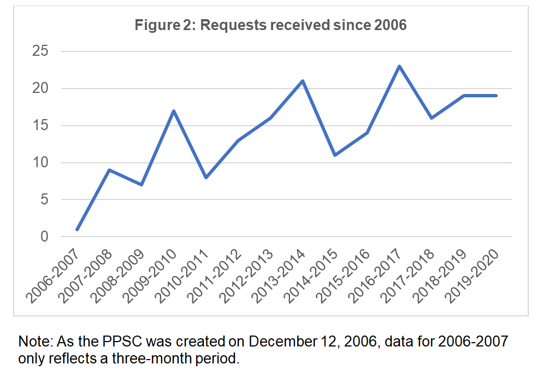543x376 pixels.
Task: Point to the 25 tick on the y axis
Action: click(x=42, y=51)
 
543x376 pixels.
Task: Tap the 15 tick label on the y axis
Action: click(x=42, y=126)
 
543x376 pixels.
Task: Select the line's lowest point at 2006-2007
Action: click(x=77, y=230)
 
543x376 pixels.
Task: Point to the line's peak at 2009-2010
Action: click(x=174, y=111)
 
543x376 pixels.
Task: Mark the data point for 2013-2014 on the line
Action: click(x=303, y=81)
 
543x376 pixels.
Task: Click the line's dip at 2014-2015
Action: click(x=335, y=155)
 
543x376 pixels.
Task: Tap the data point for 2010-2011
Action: click(x=206, y=178)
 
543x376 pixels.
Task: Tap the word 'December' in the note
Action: click(x=285, y=343)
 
